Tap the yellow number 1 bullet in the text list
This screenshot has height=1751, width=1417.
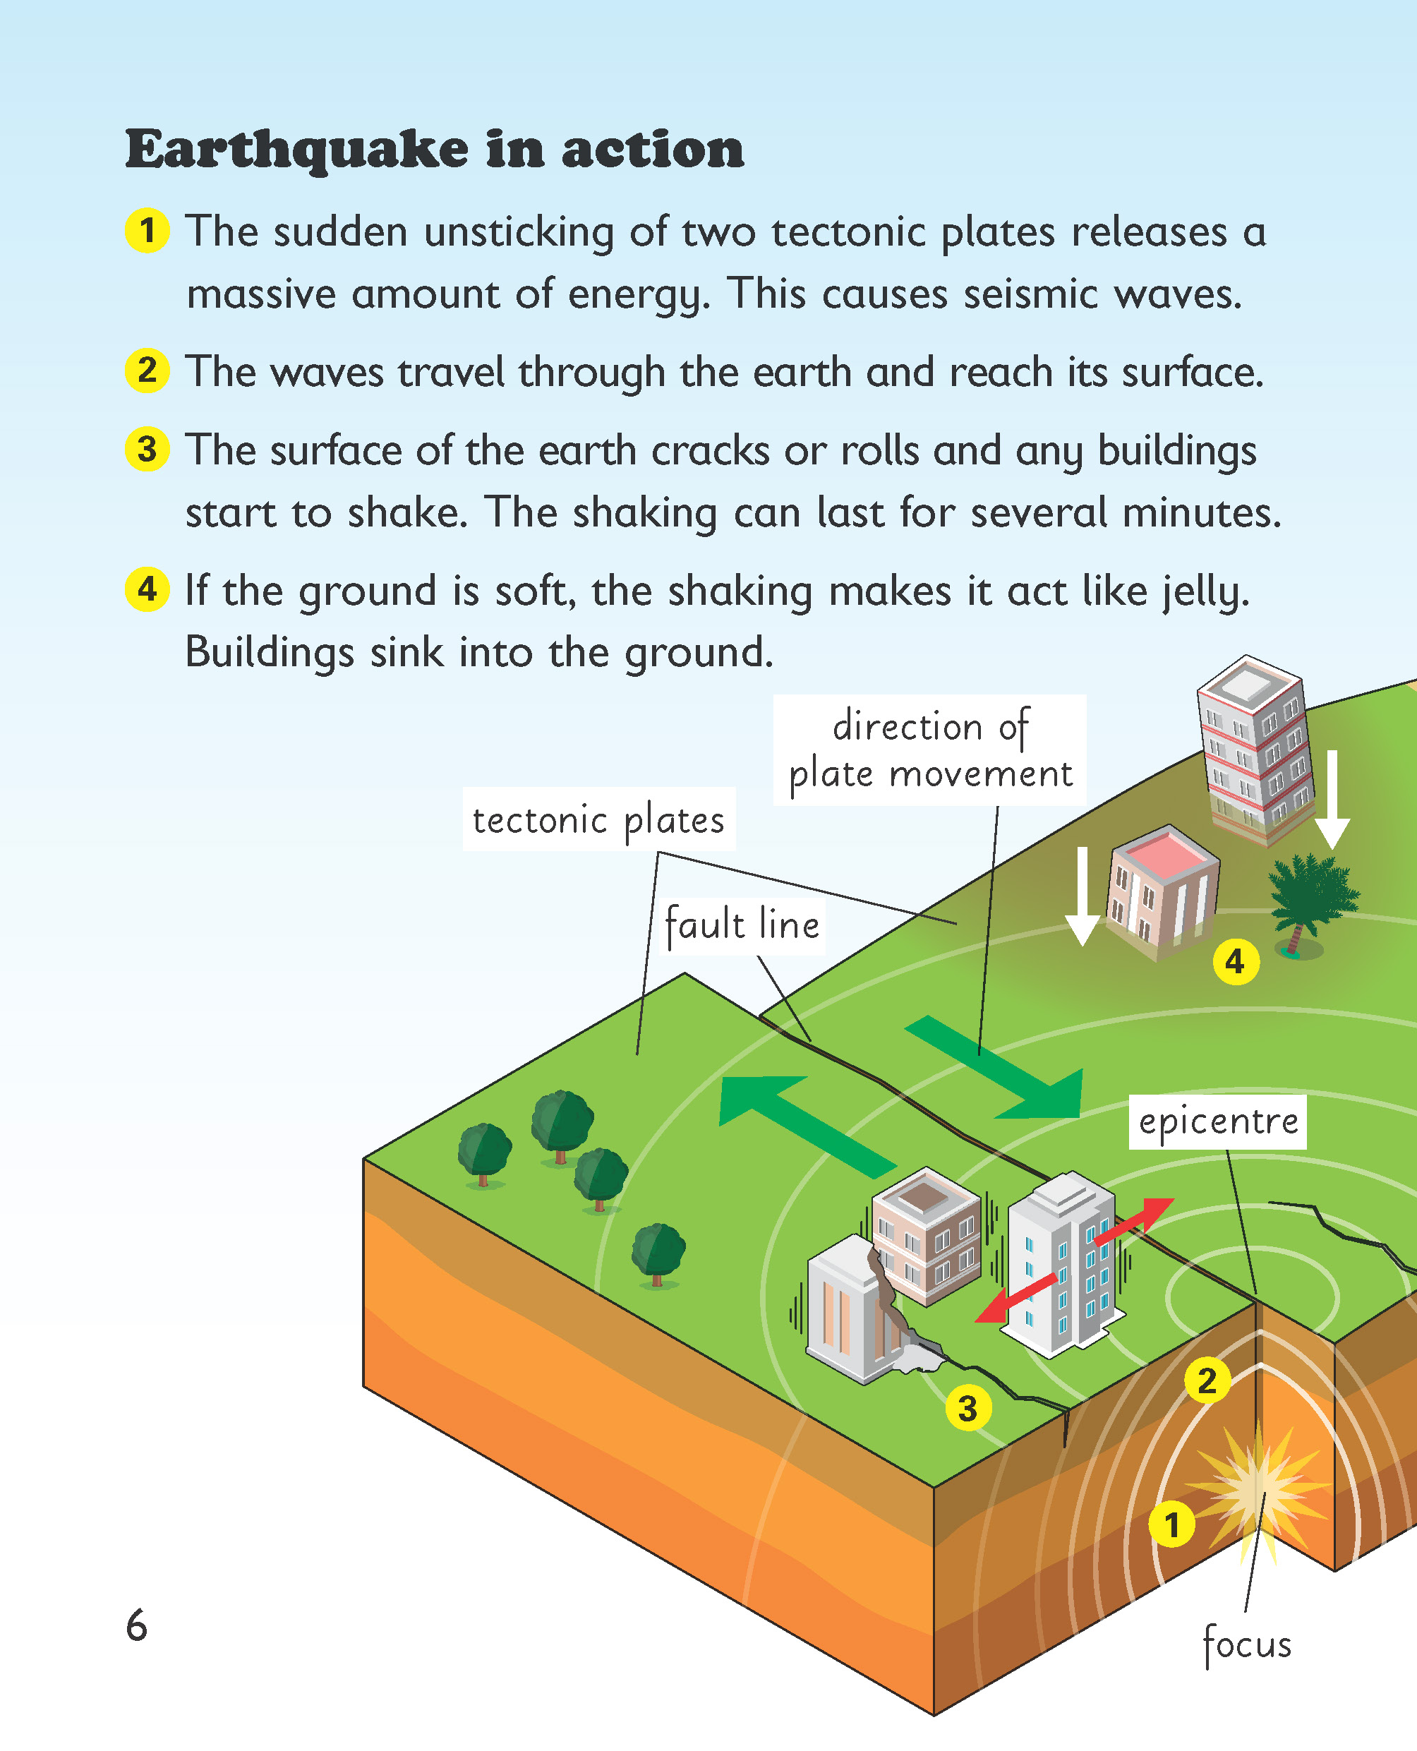[x=147, y=230]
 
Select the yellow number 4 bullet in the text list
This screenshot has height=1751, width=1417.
[x=147, y=589]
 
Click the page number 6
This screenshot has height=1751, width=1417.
[x=136, y=1625]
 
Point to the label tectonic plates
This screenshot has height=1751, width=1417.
[x=598, y=819]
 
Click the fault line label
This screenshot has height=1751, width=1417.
[x=742, y=926]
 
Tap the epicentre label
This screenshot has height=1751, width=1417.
[x=1218, y=1121]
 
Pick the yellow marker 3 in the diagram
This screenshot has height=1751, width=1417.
[x=968, y=1408]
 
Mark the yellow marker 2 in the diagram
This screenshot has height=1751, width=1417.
[x=1207, y=1380]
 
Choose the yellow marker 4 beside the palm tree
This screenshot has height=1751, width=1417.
[x=1236, y=962]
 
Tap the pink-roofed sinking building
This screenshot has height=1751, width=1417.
[x=1163, y=891]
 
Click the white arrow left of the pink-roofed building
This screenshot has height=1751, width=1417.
[x=1083, y=896]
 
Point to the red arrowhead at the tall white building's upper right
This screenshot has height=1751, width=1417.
[x=1155, y=1213]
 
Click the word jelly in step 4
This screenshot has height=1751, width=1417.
[x=1205, y=591]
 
